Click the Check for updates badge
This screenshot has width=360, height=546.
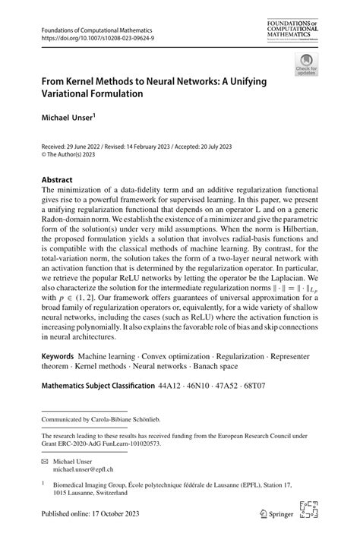point(306,66)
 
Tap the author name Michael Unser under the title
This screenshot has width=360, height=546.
point(66,118)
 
